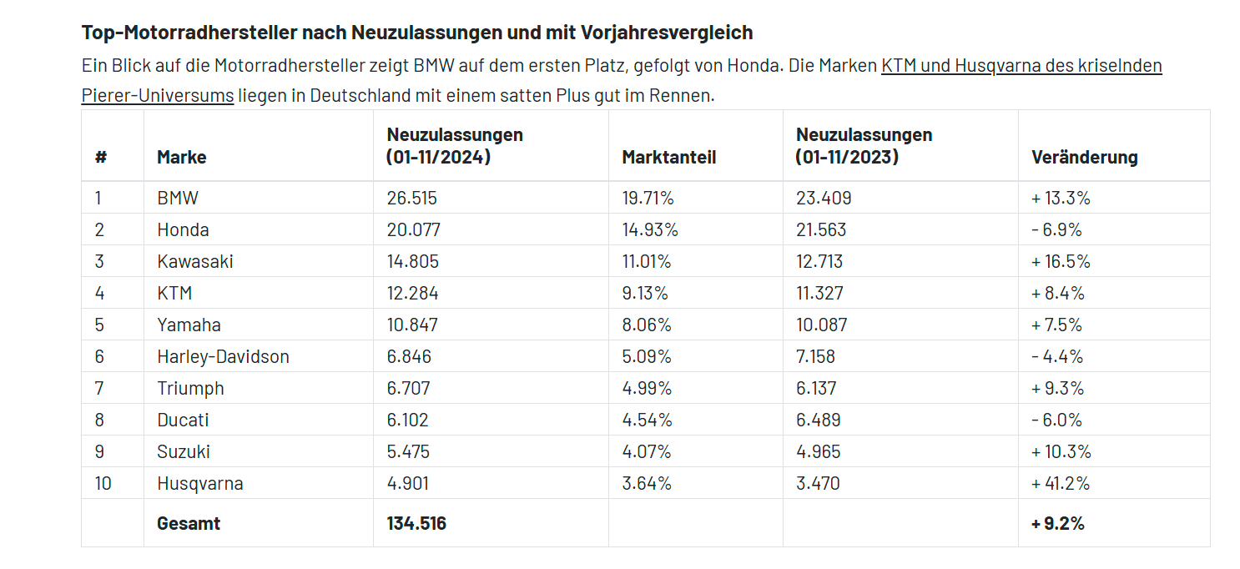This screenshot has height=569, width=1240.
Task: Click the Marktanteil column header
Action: tap(668, 157)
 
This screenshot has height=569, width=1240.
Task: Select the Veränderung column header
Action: tap(1084, 157)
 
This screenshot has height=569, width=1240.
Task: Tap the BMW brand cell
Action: tap(178, 198)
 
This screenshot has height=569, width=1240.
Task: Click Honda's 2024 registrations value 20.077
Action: tap(413, 229)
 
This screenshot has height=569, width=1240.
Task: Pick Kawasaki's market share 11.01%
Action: tap(646, 261)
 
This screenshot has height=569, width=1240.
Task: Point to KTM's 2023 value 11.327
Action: tap(819, 293)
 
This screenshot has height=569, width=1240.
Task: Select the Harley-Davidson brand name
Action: tap(223, 356)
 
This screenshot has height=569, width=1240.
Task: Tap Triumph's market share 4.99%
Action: tap(647, 388)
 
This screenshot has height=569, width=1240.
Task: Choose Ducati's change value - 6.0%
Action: tap(1057, 420)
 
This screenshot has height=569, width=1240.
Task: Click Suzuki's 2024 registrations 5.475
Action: tap(408, 451)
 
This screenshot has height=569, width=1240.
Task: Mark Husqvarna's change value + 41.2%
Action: tap(1061, 483)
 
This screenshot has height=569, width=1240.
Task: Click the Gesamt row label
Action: tap(189, 523)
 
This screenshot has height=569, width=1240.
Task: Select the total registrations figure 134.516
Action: tap(416, 523)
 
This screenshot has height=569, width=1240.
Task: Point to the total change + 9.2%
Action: tap(1058, 523)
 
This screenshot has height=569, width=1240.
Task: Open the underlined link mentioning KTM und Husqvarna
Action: tap(1021, 65)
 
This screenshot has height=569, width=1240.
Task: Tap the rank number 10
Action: tap(103, 483)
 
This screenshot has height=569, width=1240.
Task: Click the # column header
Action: tap(101, 157)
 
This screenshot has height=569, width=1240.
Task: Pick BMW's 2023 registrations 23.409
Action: tap(823, 198)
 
